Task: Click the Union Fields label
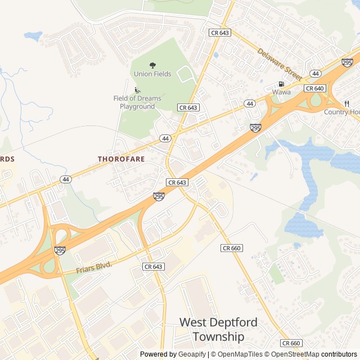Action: click(152, 74)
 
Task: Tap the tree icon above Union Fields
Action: click(152, 65)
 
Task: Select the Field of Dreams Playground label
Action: click(137, 102)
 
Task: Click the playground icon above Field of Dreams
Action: click(137, 90)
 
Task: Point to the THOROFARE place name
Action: click(121, 159)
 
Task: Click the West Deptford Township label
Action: click(218, 330)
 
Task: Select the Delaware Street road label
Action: click(280, 62)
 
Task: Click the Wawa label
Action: click(281, 92)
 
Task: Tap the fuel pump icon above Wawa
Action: click(281, 84)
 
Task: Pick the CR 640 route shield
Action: click(315, 88)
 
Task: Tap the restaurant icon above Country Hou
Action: click(346, 103)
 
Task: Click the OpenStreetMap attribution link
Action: click(291, 354)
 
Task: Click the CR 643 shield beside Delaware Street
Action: click(219, 33)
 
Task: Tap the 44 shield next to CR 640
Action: click(315, 74)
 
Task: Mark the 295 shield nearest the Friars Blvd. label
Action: click(60, 250)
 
